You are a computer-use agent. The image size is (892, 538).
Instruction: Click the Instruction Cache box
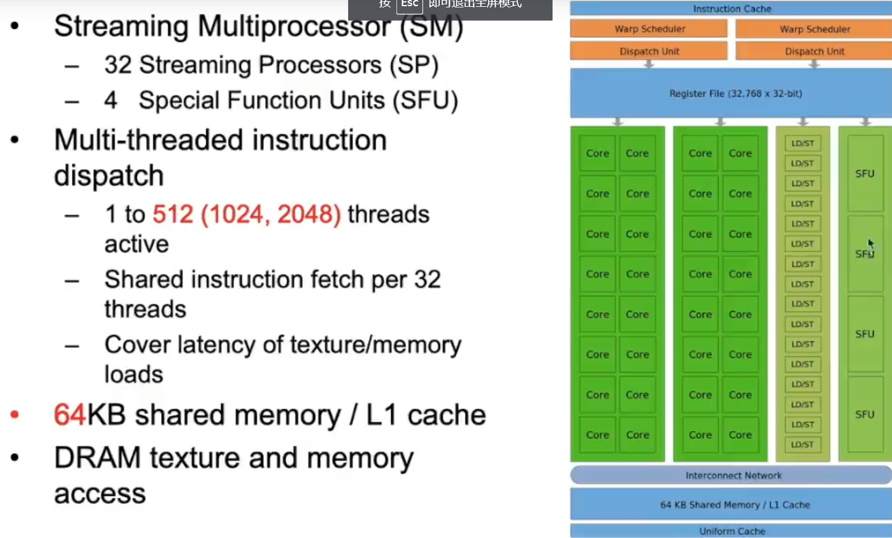tap(731, 9)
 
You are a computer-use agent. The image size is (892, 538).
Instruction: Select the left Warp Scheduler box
tap(649, 29)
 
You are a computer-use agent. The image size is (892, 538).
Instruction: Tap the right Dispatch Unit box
tap(814, 51)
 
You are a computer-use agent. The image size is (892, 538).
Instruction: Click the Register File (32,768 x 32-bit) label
tap(735, 93)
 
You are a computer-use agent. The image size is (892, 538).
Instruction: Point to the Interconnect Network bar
tap(732, 475)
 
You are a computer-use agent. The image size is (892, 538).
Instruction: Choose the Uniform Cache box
tap(732, 531)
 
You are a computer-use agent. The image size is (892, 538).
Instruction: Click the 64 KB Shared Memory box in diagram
tap(734, 505)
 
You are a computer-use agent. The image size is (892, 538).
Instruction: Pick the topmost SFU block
tap(865, 173)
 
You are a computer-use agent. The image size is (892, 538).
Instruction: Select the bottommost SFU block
tap(865, 414)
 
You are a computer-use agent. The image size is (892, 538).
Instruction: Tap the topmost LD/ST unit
tap(802, 144)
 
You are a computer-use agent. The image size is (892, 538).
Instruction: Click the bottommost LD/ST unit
tap(802, 445)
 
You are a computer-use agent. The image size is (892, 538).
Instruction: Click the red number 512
tap(173, 214)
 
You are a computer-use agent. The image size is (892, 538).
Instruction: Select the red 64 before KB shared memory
tap(69, 415)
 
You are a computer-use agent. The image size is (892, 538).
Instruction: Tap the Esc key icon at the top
tap(409, 4)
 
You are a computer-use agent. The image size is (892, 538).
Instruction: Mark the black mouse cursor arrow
tap(870, 243)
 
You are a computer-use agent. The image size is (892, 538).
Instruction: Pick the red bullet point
tap(15, 415)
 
